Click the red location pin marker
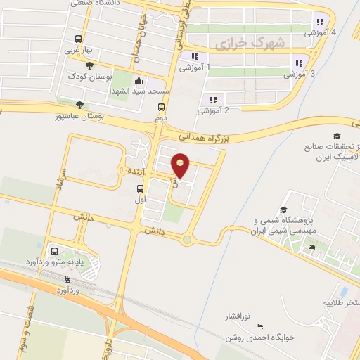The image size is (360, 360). [181, 165]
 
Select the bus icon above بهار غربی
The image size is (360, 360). [77, 39]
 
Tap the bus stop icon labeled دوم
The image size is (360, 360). [162, 108]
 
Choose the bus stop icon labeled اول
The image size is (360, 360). [140, 188]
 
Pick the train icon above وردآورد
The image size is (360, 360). [67, 278]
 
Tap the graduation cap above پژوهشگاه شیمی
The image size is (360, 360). [283, 210]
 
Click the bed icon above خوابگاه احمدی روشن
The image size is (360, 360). [260, 327]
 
